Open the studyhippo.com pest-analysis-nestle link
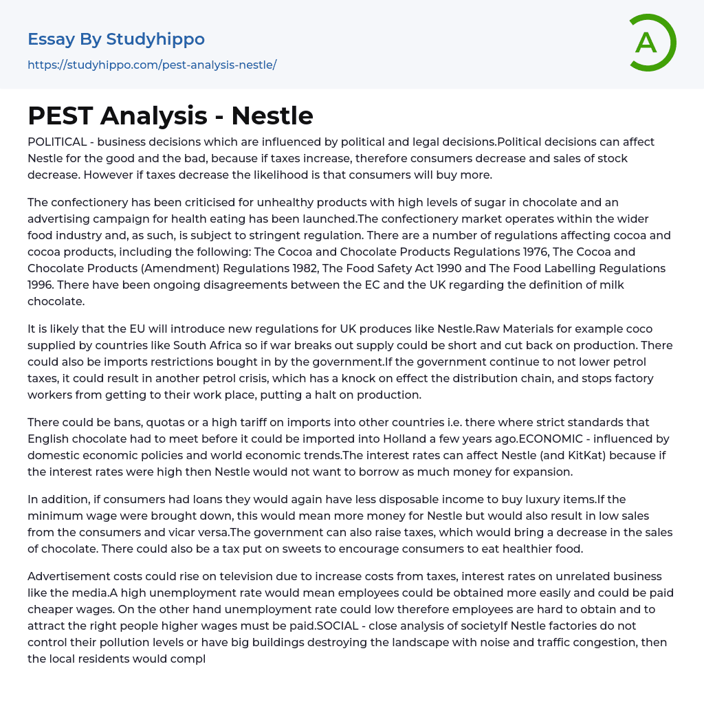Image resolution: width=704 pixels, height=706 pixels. point(152,65)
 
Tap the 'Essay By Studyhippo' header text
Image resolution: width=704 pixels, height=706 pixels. point(116,39)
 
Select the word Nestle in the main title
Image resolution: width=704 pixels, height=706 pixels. point(272,115)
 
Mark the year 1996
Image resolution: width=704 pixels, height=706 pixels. point(41,285)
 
